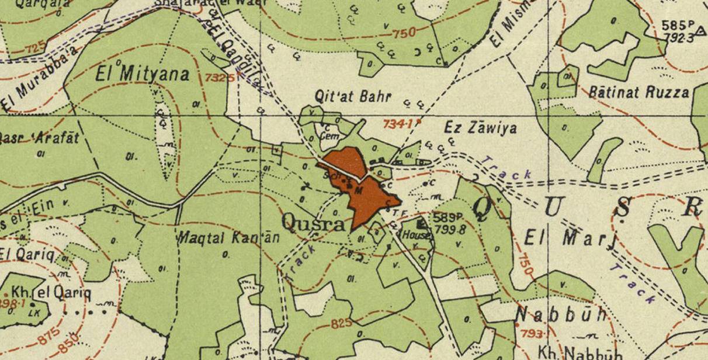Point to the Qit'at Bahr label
352,97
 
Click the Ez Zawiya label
480,128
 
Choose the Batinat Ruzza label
638,92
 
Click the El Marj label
569,238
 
